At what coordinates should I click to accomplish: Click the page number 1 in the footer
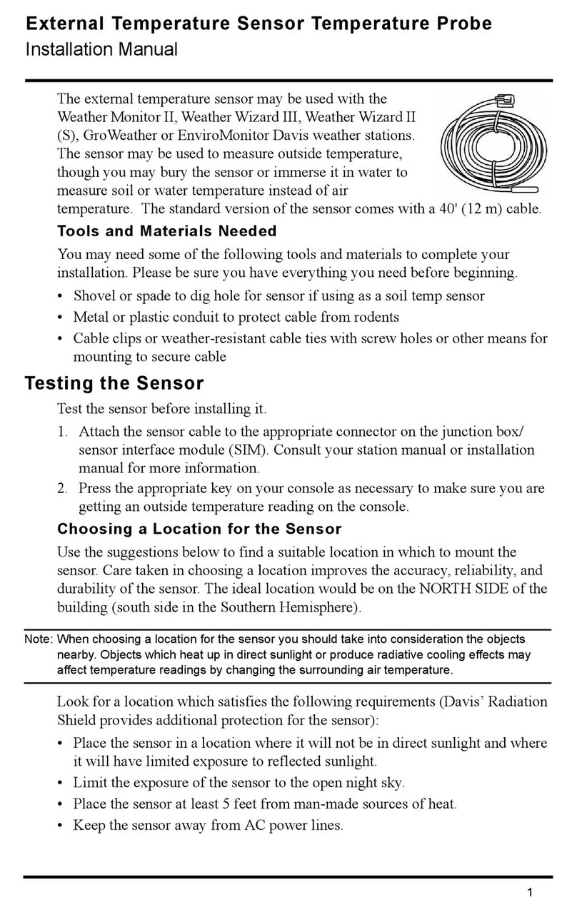530,891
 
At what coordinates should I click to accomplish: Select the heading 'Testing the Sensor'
114,383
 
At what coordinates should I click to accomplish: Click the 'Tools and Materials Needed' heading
166,231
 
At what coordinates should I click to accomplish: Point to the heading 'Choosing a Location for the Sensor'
199,530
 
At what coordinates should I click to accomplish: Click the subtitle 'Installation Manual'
101,50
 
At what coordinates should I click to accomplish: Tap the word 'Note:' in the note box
39,639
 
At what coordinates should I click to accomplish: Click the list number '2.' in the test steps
64,489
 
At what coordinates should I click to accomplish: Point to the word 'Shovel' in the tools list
95,296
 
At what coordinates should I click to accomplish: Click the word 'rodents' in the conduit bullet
376,317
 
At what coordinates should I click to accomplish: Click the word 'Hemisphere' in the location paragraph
321,608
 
